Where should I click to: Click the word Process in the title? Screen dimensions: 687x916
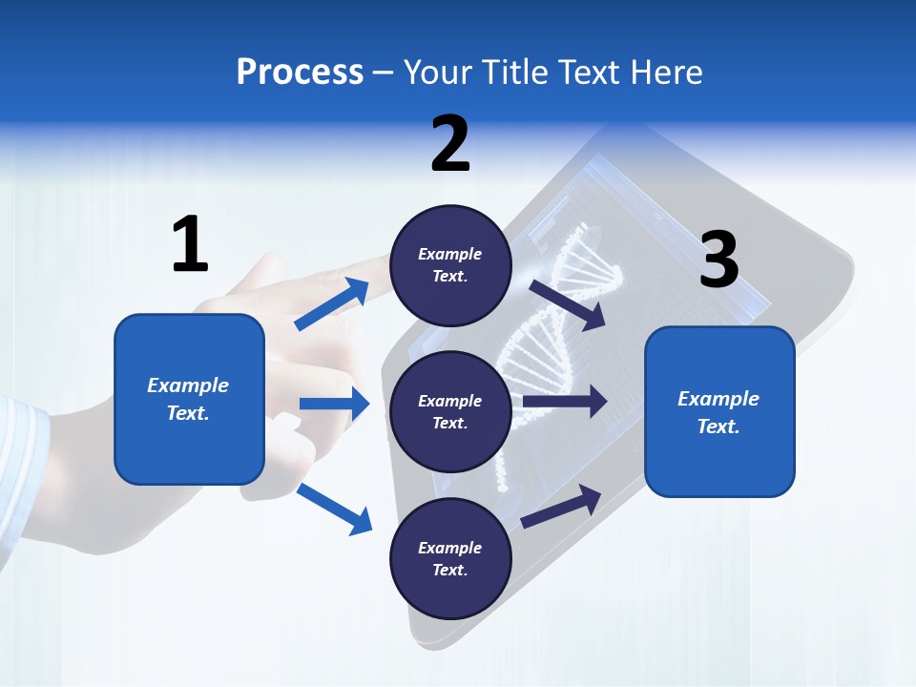(300, 72)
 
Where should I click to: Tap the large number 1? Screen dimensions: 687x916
(190, 245)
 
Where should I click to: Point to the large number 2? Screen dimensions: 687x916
(450, 144)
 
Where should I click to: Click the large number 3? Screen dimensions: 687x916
(718, 260)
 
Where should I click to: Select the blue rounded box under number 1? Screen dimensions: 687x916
(189, 399)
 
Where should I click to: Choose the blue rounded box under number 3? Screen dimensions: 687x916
(719, 411)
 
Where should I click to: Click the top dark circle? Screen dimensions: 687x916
(450, 264)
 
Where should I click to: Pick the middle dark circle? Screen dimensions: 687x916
(450, 411)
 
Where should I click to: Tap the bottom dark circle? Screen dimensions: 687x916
(450, 558)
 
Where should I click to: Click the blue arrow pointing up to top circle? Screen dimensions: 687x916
(332, 304)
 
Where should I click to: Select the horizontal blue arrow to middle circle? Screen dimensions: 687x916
(334, 404)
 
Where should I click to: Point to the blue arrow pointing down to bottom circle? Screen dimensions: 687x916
(334, 509)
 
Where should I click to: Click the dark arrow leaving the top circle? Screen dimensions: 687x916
(568, 304)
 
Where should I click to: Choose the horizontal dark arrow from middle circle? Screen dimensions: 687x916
(565, 402)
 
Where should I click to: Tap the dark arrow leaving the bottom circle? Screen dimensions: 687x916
(561, 507)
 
